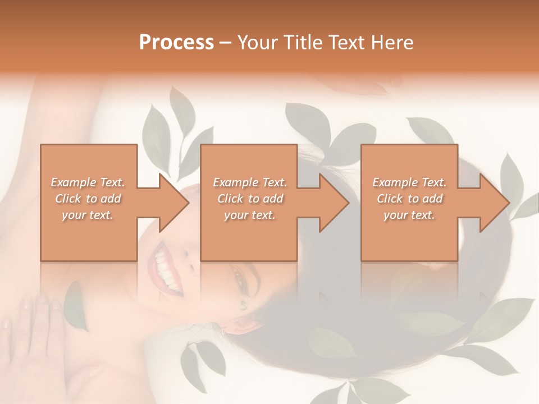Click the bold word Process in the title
click(x=176, y=43)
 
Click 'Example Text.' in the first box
click(x=88, y=182)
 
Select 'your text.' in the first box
click(x=88, y=215)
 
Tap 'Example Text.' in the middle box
click(x=249, y=182)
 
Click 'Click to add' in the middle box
click(x=249, y=199)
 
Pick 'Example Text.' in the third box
click(x=409, y=182)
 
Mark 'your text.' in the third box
click(x=409, y=215)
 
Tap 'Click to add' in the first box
click(x=88, y=199)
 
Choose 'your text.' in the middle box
click(x=249, y=215)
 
